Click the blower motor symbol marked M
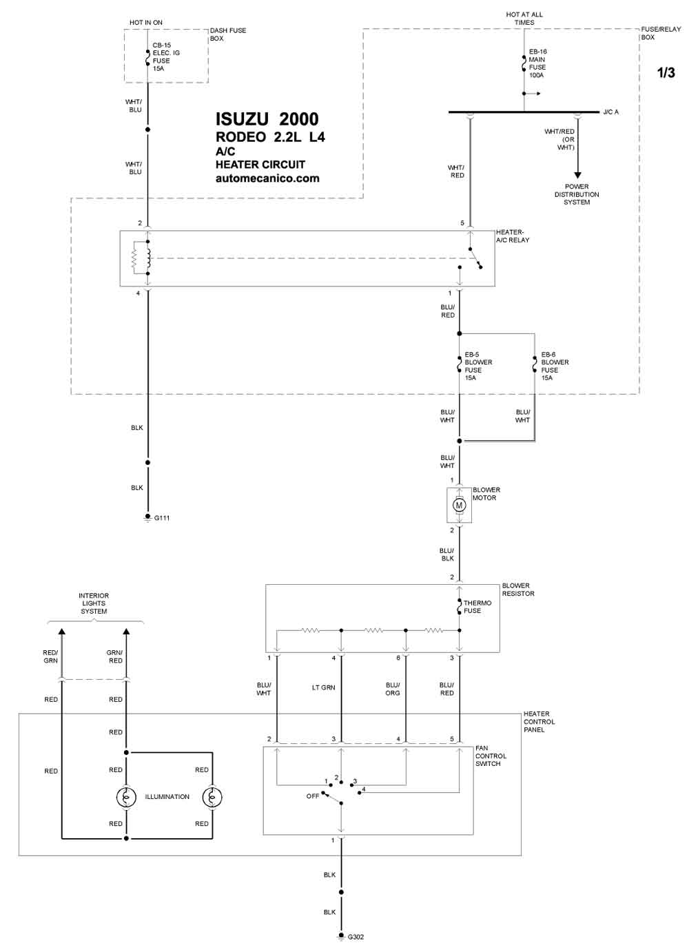coord(459,505)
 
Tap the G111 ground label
coord(162,518)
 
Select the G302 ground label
coord(356,937)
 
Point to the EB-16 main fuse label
coord(537,63)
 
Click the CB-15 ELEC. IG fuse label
coord(166,56)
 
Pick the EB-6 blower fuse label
coord(555,366)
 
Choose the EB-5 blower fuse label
coord(478,366)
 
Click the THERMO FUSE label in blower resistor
coord(477,607)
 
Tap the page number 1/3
coord(666,72)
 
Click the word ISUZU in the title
coord(243,119)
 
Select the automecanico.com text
coord(267,178)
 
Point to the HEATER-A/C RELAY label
coord(512,236)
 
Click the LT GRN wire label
coord(323,687)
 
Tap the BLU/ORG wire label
coord(393,689)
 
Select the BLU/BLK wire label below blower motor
coord(446,554)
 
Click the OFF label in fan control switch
coord(312,796)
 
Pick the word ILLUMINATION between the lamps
coord(167,796)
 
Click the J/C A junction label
coord(610,112)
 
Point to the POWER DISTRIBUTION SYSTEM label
coord(576,194)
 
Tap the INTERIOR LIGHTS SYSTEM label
coord(94,603)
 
